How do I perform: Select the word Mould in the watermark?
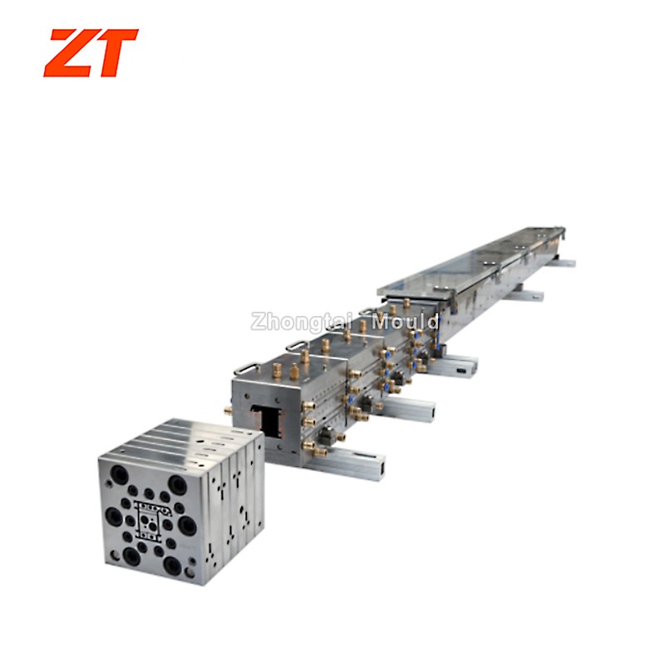click(x=405, y=323)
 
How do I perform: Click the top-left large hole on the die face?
click(x=119, y=474)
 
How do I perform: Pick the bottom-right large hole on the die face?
click(x=174, y=564)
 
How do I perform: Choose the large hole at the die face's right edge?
click(x=187, y=526)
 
